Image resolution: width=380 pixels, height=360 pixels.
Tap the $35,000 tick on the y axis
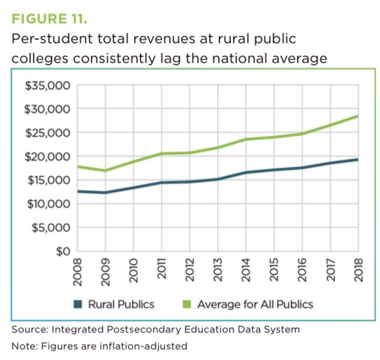[x=48, y=86]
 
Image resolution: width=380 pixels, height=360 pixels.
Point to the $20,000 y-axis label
[x=48, y=157]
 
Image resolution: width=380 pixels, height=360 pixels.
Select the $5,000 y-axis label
[x=51, y=228]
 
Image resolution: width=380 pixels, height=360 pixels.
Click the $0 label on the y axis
[x=62, y=252]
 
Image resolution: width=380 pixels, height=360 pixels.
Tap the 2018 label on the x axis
[x=357, y=271]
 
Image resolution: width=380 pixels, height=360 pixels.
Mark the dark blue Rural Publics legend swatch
[x=77, y=304]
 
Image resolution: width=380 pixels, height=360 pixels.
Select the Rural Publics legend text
[x=121, y=304]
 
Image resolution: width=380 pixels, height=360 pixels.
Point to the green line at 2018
[x=357, y=116]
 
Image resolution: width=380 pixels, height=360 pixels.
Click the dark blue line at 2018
[x=357, y=160]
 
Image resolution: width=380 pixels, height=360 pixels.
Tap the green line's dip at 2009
[x=105, y=171]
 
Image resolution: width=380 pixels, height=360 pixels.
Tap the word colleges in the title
[x=37, y=59]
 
